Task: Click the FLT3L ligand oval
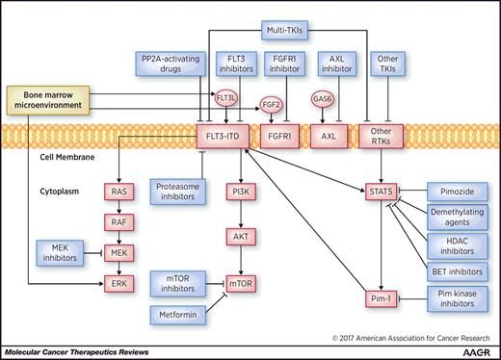(x=225, y=98)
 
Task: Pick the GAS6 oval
(x=321, y=98)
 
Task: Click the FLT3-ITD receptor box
(x=224, y=135)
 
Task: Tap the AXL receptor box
(x=333, y=135)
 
